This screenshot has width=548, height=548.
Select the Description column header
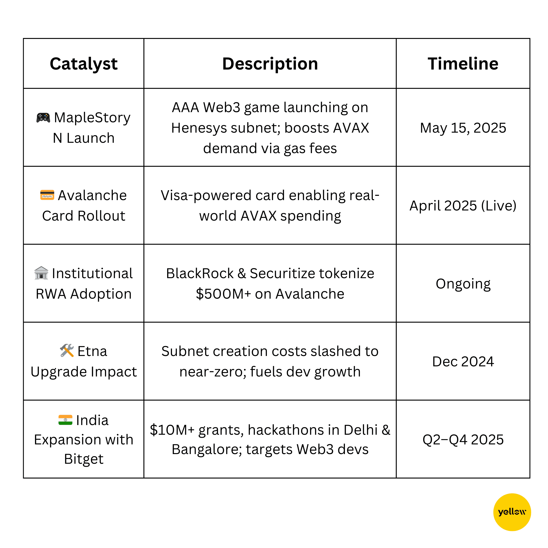point(270,64)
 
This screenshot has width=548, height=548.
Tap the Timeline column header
point(463,64)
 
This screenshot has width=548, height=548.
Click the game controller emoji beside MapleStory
point(43,117)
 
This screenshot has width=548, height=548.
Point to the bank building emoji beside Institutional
point(41,273)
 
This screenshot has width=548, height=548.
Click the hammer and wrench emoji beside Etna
point(67,351)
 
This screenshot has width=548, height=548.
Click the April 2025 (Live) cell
point(463,206)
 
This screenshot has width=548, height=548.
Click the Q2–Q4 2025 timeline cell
point(463,440)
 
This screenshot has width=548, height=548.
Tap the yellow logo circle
point(512,512)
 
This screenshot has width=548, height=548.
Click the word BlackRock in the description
point(200,274)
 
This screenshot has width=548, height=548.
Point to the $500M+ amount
point(224,294)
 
